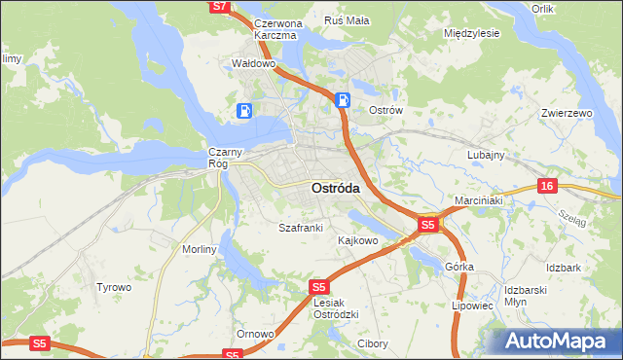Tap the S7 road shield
coord(221,6)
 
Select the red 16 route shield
coord(549,186)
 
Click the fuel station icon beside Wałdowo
coord(244,112)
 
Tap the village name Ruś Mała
coord(346,19)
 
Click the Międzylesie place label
coord(471,32)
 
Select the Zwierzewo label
coord(567,114)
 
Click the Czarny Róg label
coord(219,158)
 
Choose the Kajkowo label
coord(357,239)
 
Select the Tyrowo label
coord(113,287)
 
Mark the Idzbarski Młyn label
coord(529,295)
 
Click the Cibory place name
coord(373,343)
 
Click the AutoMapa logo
coord(560,342)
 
